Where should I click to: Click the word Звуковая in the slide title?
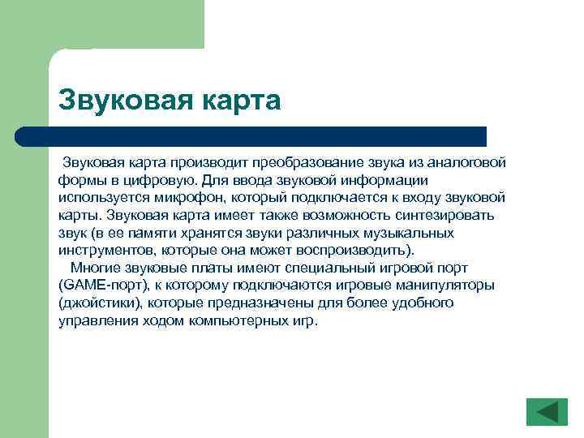121,101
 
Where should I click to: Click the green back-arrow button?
547,411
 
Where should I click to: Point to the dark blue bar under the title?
268,136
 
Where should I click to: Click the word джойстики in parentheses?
98,303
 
